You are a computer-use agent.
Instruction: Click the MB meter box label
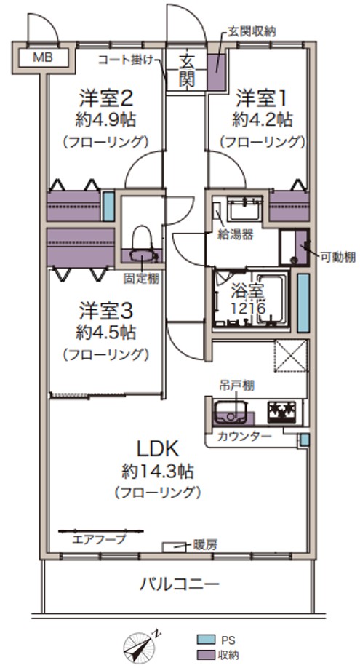click(x=43, y=57)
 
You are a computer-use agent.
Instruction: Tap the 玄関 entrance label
click(x=186, y=70)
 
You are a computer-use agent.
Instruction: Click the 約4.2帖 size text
click(x=262, y=120)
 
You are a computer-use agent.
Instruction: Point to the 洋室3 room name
click(x=105, y=311)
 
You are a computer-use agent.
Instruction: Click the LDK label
click(x=156, y=448)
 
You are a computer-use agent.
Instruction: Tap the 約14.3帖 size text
click(x=158, y=472)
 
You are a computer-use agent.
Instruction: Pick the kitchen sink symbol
click(x=230, y=413)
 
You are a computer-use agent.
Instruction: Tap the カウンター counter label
click(x=244, y=436)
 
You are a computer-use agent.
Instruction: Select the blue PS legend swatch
click(x=204, y=640)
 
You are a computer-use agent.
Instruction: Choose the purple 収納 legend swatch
click(x=204, y=654)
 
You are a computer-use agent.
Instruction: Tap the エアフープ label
click(x=99, y=539)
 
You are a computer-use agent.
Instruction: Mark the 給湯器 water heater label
click(x=236, y=235)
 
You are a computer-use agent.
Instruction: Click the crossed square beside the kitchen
click(x=291, y=356)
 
